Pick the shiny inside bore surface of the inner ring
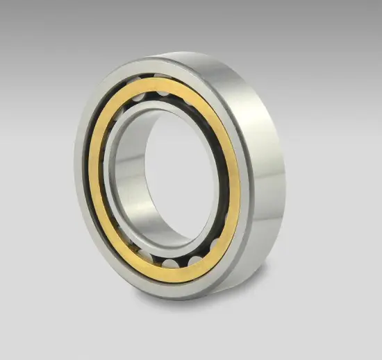pos(139,187)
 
